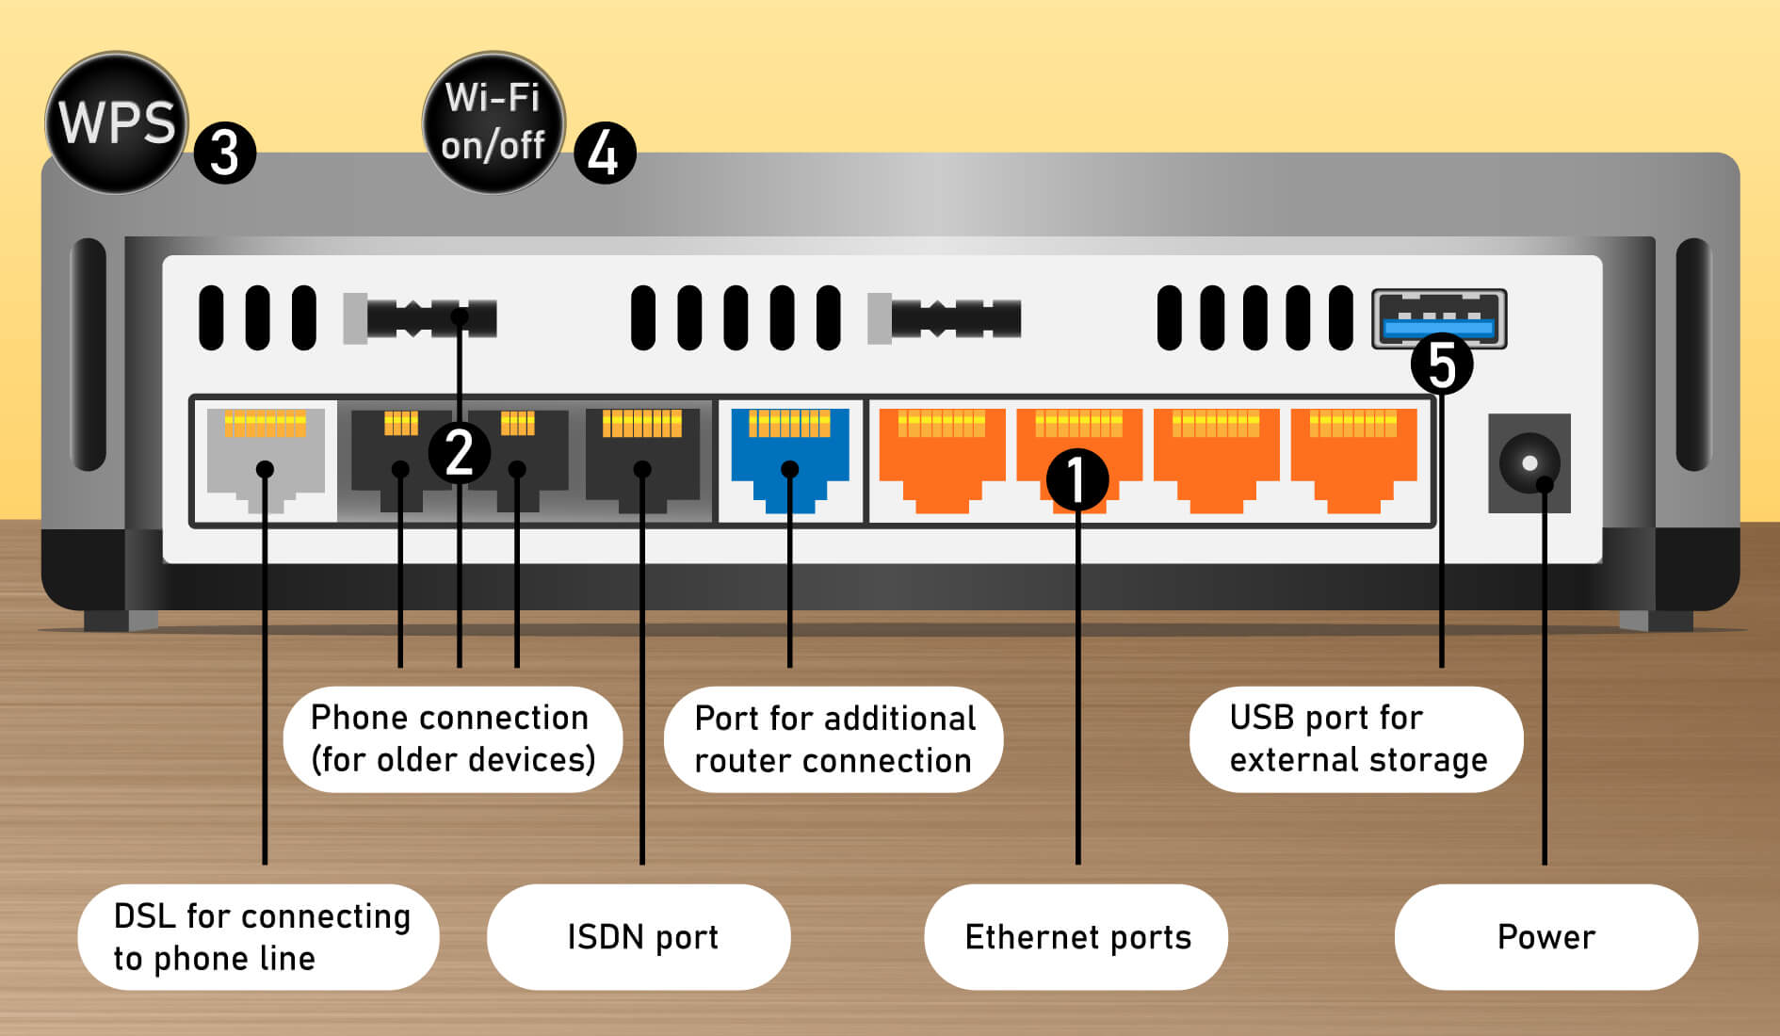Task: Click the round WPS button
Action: tap(116, 122)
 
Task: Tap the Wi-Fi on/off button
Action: tap(493, 122)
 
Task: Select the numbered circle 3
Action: tap(225, 153)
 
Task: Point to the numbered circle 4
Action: tap(604, 153)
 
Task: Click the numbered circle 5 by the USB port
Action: tap(1441, 364)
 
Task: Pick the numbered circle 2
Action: tap(459, 453)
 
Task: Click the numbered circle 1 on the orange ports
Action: tap(1077, 479)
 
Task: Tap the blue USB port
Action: tap(1438, 319)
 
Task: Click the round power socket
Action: tap(1529, 462)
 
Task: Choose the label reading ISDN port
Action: tap(640, 937)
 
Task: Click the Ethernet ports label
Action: tap(1076, 937)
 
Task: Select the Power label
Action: tap(1545, 937)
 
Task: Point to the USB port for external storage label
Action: tap(1356, 738)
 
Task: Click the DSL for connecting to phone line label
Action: tap(258, 937)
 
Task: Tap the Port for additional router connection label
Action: tap(833, 738)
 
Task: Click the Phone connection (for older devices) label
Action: tap(452, 738)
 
